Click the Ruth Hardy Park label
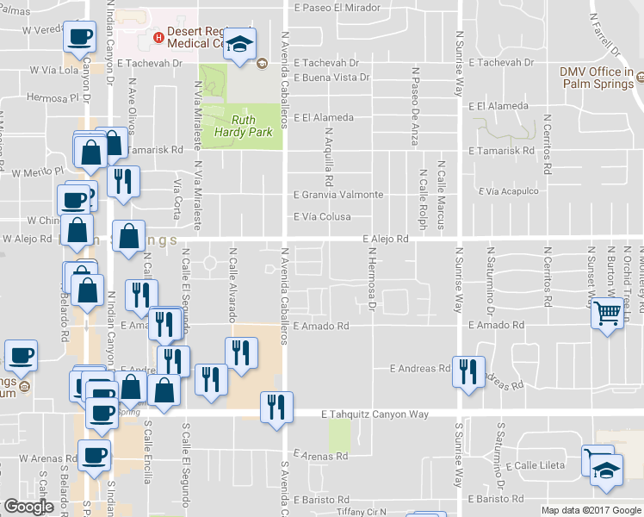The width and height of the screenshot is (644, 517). click(x=251, y=126)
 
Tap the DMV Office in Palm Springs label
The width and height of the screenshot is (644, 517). click(x=596, y=78)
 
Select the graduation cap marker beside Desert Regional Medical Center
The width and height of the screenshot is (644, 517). click(x=242, y=44)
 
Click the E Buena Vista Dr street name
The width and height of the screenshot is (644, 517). click(x=331, y=78)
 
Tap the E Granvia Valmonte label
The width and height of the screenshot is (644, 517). click(x=337, y=195)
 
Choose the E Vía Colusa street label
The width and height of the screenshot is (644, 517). click(x=322, y=217)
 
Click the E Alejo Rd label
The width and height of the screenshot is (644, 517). click(x=385, y=238)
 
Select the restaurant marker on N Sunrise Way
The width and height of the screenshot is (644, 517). click(x=468, y=371)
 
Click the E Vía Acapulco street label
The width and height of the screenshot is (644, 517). click(x=508, y=191)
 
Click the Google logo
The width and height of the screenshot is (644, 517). click(x=29, y=507)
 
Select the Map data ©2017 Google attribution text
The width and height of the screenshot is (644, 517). click(x=591, y=510)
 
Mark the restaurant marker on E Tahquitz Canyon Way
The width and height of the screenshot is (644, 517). click(x=276, y=407)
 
